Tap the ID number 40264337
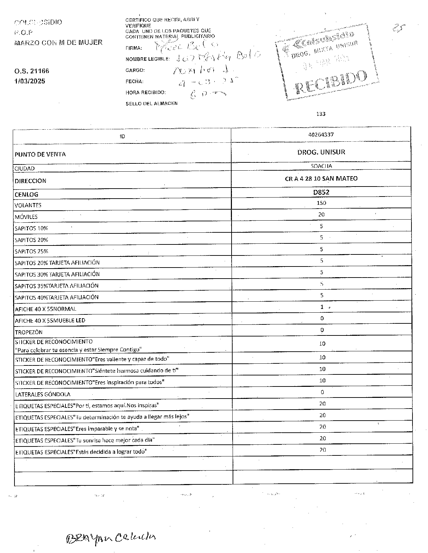pyautogui.click(x=321, y=135)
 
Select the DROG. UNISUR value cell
pyautogui.click(x=321, y=152)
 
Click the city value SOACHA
pyautogui.click(x=321, y=166)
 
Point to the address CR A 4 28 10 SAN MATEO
pyautogui.click(x=321, y=179)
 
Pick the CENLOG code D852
pyautogui.click(x=321, y=192)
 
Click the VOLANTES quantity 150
pyautogui.click(x=321, y=203)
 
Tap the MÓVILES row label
pyautogui.click(x=26, y=217)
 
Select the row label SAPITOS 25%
pyautogui.click(x=31, y=251)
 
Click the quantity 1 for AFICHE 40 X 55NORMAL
pyautogui.click(x=322, y=307)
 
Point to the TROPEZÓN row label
pyautogui.click(x=29, y=332)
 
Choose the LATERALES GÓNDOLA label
pyautogui.click(x=43, y=394)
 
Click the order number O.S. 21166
pyautogui.click(x=32, y=71)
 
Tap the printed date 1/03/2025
pyautogui.click(x=30, y=81)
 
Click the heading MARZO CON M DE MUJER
pyautogui.click(x=58, y=43)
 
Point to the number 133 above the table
pyautogui.click(x=321, y=114)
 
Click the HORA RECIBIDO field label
pyautogui.click(x=146, y=93)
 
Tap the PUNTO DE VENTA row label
pyautogui.click(x=40, y=154)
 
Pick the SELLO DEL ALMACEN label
pyautogui.click(x=152, y=103)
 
